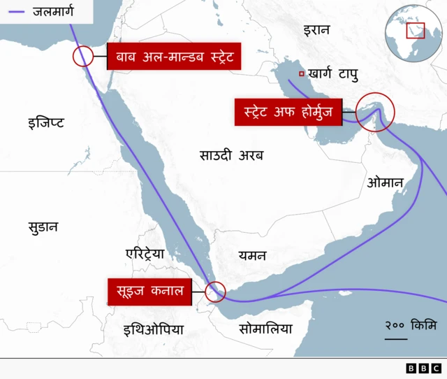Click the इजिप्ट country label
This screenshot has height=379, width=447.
tap(46, 123)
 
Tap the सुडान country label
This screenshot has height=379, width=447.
tap(43, 227)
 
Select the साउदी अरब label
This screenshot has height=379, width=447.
tap(231, 155)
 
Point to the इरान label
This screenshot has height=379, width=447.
tap(316, 30)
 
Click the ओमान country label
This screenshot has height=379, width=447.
tap(385, 183)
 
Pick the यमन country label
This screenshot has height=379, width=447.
tap(251, 255)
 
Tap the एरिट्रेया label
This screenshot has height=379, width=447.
tap(145, 253)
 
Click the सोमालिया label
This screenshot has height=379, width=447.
tap(265, 329)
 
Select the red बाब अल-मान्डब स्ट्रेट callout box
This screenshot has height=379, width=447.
tap(174, 56)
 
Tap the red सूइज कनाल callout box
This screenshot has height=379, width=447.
tap(150, 292)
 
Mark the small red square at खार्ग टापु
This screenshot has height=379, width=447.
tap(301, 74)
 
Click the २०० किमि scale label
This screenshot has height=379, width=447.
tap(410, 325)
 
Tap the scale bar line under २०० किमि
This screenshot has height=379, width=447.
tap(395, 339)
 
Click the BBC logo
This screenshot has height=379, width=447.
tap(423, 368)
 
